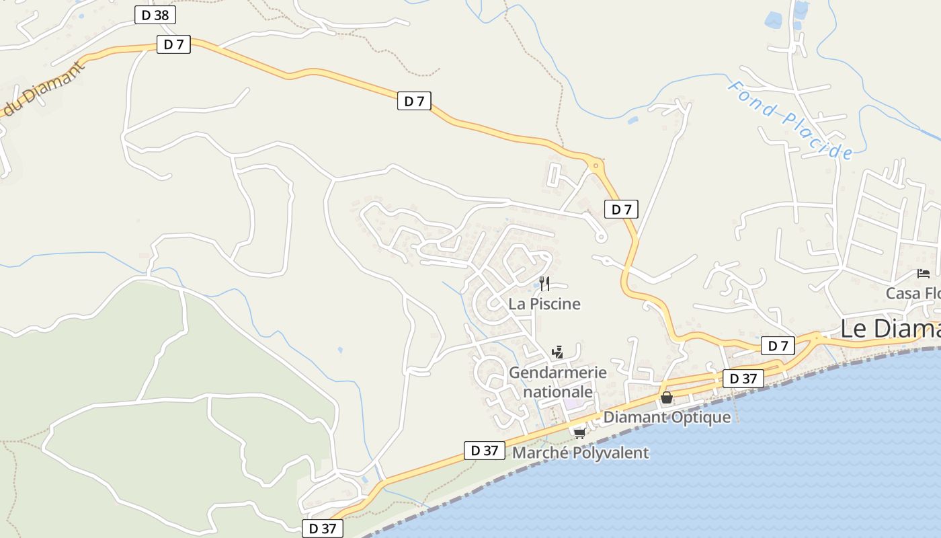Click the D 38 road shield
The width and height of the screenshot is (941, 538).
pyautogui.click(x=155, y=15)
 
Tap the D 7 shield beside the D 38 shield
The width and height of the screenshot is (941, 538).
pyautogui.click(x=173, y=44)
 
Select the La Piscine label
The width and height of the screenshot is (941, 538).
pyautogui.click(x=544, y=304)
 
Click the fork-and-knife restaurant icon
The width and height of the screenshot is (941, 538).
pyautogui.click(x=544, y=283)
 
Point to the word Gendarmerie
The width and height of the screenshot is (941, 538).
pyautogui.click(x=557, y=373)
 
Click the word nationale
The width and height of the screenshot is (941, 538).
pyautogui.click(x=558, y=391)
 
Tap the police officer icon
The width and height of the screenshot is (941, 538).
pyautogui.click(x=557, y=351)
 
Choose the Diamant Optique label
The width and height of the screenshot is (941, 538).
pyautogui.click(x=667, y=417)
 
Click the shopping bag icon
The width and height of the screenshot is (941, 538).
pyautogui.click(x=666, y=398)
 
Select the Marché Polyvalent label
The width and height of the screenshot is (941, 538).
pyautogui.click(x=581, y=453)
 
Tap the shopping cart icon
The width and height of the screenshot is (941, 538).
pyautogui.click(x=579, y=432)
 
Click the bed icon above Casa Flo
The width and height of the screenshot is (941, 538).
pyautogui.click(x=924, y=273)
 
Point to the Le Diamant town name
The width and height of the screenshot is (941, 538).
pyautogui.click(x=891, y=329)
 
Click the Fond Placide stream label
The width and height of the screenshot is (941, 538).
pyautogui.click(x=790, y=120)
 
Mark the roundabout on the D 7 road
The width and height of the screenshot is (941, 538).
pyautogui.click(x=596, y=164)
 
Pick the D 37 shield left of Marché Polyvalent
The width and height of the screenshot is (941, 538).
pyautogui.click(x=484, y=451)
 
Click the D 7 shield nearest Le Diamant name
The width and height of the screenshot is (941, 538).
pyautogui.click(x=778, y=346)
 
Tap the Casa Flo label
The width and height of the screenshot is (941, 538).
pyautogui.click(x=913, y=293)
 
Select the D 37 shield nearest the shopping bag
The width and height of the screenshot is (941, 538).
pyautogui.click(x=743, y=379)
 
